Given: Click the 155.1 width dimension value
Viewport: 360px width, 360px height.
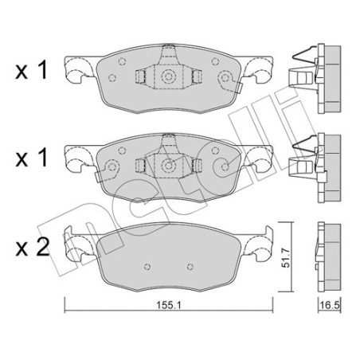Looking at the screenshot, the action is click(x=168, y=305).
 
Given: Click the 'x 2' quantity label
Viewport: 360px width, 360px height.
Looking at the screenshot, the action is click(x=32, y=248).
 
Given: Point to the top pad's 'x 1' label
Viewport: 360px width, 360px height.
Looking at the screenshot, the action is click(x=31, y=70).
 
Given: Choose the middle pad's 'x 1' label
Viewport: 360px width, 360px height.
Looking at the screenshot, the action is click(x=31, y=158).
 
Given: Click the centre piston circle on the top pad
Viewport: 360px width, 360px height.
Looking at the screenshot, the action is click(x=168, y=77).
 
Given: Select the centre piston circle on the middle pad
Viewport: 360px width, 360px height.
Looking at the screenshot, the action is click(x=168, y=166).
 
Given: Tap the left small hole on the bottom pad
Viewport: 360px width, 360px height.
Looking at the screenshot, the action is click(x=147, y=267).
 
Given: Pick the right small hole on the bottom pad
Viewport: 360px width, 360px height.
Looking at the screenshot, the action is click(x=190, y=267).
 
